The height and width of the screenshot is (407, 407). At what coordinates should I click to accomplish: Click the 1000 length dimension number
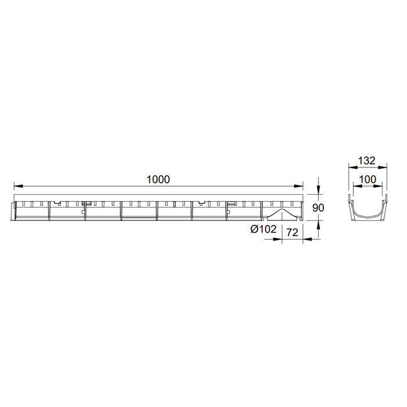(x=158, y=179)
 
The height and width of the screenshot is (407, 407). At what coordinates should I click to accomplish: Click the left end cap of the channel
(x=12, y=211)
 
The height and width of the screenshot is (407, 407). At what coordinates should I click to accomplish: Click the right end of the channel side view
(x=301, y=211)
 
